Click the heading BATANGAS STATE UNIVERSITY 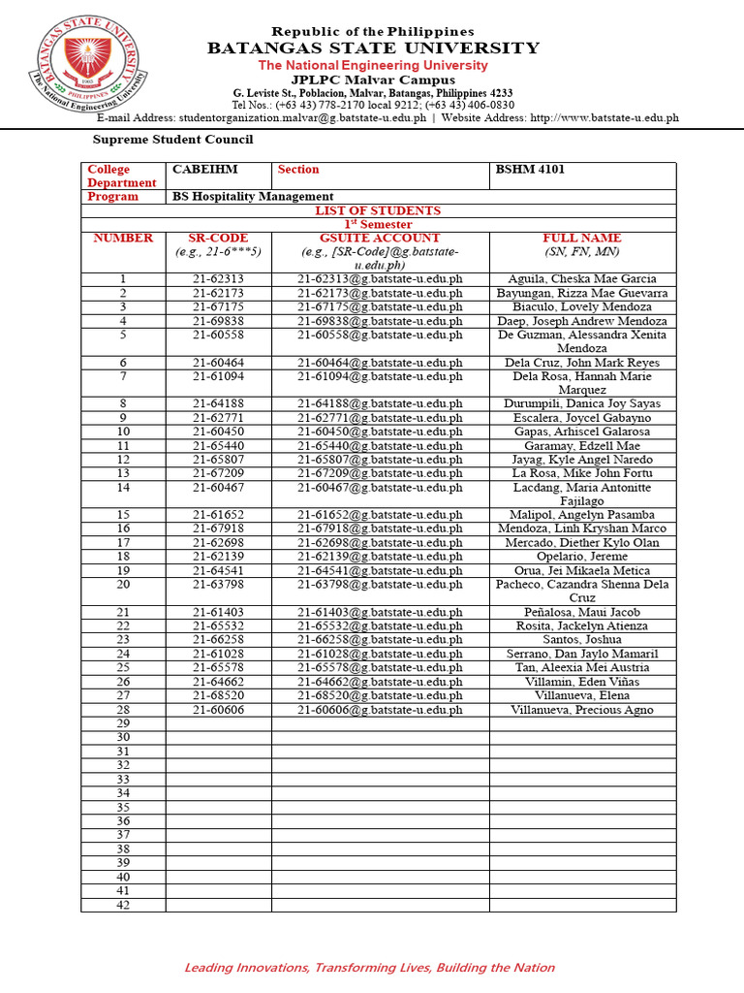click(x=373, y=48)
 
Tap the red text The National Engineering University click(x=373, y=65)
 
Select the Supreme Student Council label click(x=172, y=140)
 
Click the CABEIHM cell click(x=205, y=170)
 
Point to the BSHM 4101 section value click(x=531, y=170)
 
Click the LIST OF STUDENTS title click(x=378, y=210)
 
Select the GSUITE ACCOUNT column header click(x=380, y=238)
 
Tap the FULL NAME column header click(x=582, y=238)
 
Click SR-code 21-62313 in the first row click(x=218, y=279)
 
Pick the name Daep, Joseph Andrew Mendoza click(x=582, y=321)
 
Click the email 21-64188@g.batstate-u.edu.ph click(x=380, y=403)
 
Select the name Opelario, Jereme click(x=582, y=557)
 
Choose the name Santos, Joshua click(x=582, y=640)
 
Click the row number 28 click(x=123, y=710)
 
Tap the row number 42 click(x=123, y=905)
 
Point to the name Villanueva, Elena click(x=582, y=695)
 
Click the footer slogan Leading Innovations click(x=370, y=967)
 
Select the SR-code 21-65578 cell click(x=218, y=668)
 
